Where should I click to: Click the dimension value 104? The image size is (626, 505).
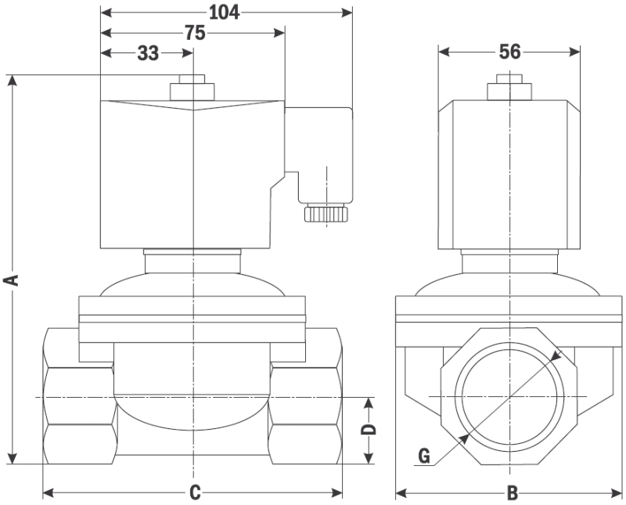pyautogui.click(x=224, y=13)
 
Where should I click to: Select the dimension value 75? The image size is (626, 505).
pyautogui.click(x=195, y=33)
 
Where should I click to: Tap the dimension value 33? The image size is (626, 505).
pyautogui.click(x=148, y=53)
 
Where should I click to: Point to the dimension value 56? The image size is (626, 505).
pyautogui.click(x=510, y=52)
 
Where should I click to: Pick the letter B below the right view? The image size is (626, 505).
pyautogui.click(x=513, y=493)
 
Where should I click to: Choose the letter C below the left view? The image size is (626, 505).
pyautogui.click(x=194, y=493)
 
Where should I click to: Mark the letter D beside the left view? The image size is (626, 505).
pyautogui.click(x=369, y=429)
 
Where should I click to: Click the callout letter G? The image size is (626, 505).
pyautogui.click(x=424, y=456)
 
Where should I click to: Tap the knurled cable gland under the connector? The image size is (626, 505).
pyautogui.click(x=326, y=213)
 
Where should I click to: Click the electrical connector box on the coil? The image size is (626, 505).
pyautogui.click(x=319, y=156)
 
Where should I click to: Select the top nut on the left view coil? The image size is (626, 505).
pyautogui.click(x=192, y=88)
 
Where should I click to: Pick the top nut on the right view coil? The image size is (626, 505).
pyautogui.click(x=509, y=87)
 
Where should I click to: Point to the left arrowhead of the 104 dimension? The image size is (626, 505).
pyautogui.click(x=106, y=13)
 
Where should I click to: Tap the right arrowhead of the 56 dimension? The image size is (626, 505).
pyautogui.click(x=574, y=52)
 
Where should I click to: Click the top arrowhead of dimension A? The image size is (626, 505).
pyautogui.click(x=13, y=81)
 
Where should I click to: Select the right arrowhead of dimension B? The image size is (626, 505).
pyautogui.click(x=616, y=493)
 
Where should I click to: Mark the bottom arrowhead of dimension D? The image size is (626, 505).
pyautogui.click(x=369, y=458)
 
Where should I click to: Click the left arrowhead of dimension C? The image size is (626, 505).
pyautogui.click(x=49, y=493)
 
